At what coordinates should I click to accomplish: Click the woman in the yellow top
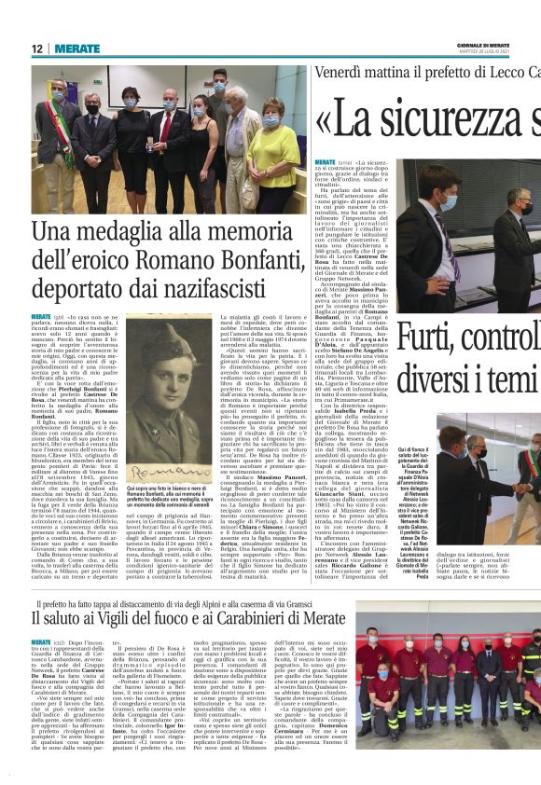(x=271, y=149)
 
